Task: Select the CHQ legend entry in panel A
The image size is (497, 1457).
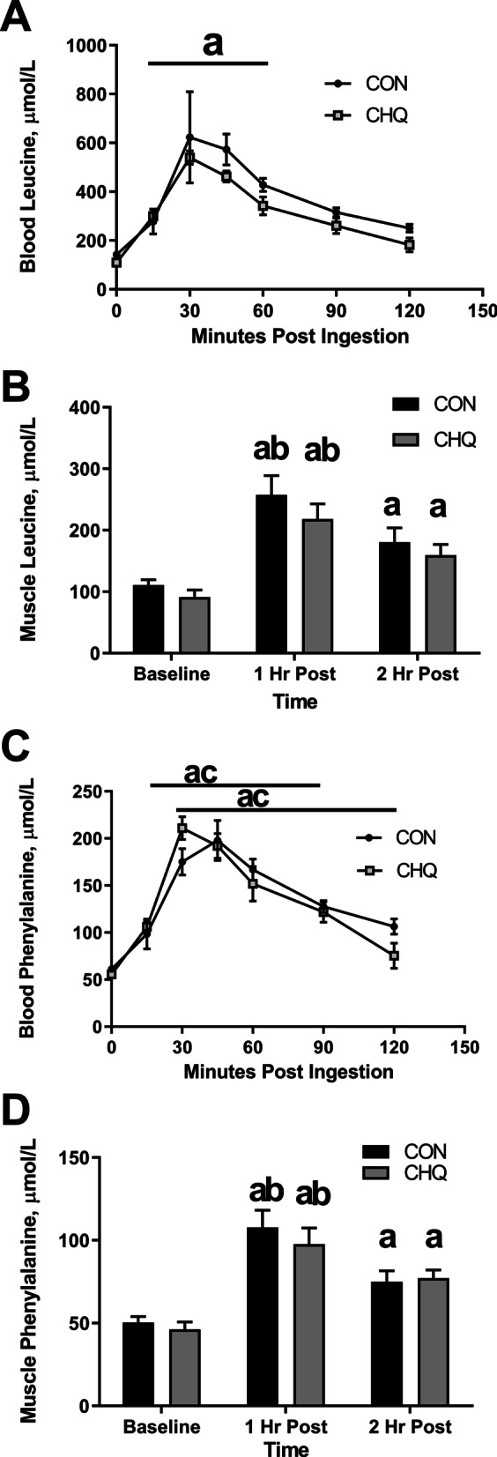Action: (x=386, y=115)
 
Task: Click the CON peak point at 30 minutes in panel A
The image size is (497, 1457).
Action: (x=189, y=138)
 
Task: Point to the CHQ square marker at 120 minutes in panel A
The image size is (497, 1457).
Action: (x=409, y=245)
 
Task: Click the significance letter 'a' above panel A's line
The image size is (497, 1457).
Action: (x=213, y=44)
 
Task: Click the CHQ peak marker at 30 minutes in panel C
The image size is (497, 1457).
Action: (x=182, y=829)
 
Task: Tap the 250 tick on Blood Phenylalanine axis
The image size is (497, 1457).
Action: (x=84, y=792)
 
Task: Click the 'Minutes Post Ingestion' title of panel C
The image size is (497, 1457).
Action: (x=288, y=1073)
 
